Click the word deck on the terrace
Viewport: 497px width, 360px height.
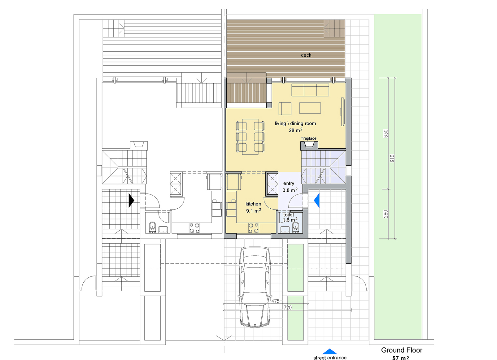tap(306, 55)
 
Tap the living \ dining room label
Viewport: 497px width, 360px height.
tap(295, 124)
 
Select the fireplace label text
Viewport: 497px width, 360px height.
tap(309, 138)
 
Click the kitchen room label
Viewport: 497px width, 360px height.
tap(253, 204)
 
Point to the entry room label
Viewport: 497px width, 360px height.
tap(289, 184)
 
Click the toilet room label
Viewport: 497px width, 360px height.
tap(288, 215)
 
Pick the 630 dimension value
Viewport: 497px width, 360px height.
tap(386, 133)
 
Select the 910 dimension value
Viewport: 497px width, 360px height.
tap(392, 158)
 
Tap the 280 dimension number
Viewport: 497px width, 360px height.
tap(386, 214)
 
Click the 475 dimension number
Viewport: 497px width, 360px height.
tap(275, 301)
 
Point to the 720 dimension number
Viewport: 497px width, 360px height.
tap(288, 307)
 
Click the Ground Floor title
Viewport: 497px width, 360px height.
tap(402, 350)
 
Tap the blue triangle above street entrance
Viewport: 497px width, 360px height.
tap(329, 351)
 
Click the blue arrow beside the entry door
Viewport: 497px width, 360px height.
tap(317, 200)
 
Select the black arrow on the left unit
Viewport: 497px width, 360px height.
tap(131, 200)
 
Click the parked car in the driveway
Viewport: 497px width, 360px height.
tap(255, 287)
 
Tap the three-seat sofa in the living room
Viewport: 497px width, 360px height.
tap(310, 90)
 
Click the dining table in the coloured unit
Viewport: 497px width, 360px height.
tap(250, 137)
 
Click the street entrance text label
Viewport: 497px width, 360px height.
tap(330, 358)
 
